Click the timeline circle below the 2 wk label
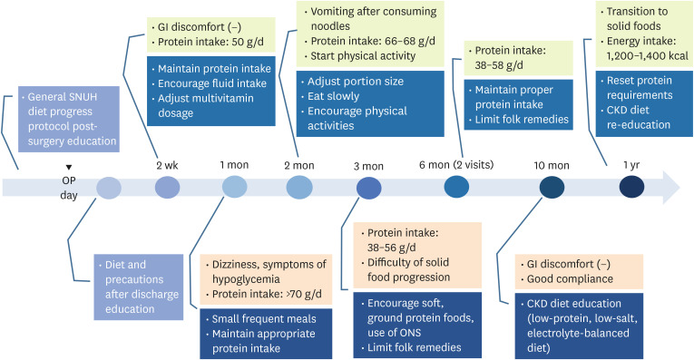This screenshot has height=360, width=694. [x=168, y=188]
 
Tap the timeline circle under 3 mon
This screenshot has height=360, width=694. [x=368, y=188]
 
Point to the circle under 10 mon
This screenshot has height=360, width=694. [x=551, y=187]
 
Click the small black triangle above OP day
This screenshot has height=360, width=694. [x=68, y=166]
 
